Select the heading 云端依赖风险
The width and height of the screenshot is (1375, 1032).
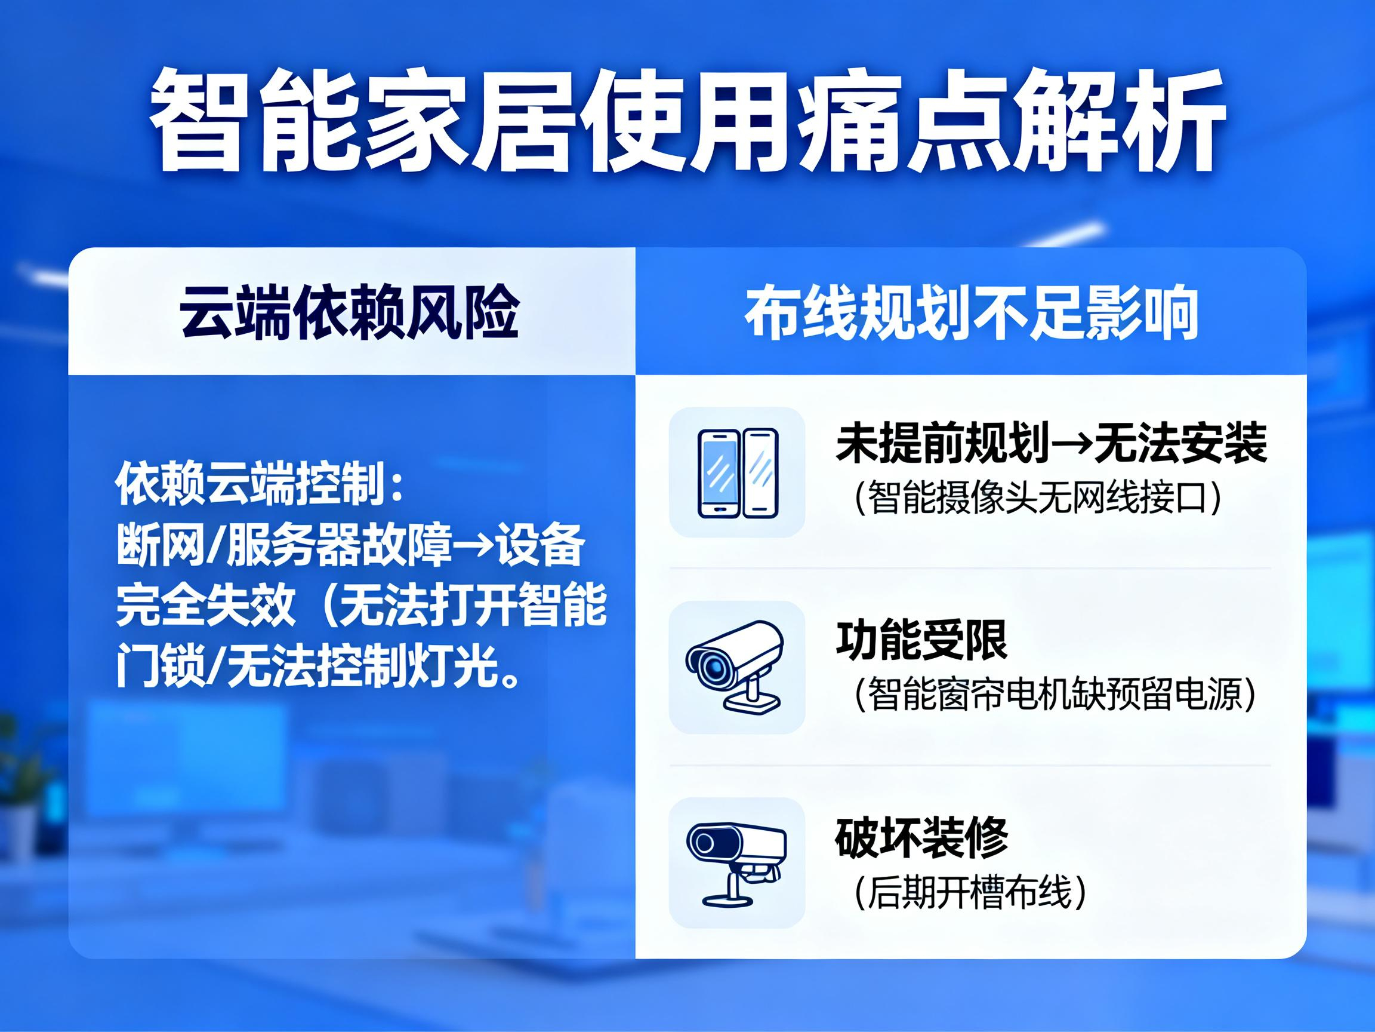pyautogui.click(x=349, y=312)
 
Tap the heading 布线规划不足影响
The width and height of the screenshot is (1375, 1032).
pyautogui.click(x=971, y=312)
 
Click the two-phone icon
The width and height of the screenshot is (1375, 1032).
pyautogui.click(x=737, y=473)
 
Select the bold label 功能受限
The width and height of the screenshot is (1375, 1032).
pyautogui.click(x=921, y=640)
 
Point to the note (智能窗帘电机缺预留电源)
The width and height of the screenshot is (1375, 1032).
pyautogui.click(x=1056, y=693)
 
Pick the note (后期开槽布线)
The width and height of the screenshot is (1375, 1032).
pyautogui.click(x=970, y=892)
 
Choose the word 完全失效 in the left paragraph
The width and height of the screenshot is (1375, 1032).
pyautogui.click(x=205, y=604)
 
